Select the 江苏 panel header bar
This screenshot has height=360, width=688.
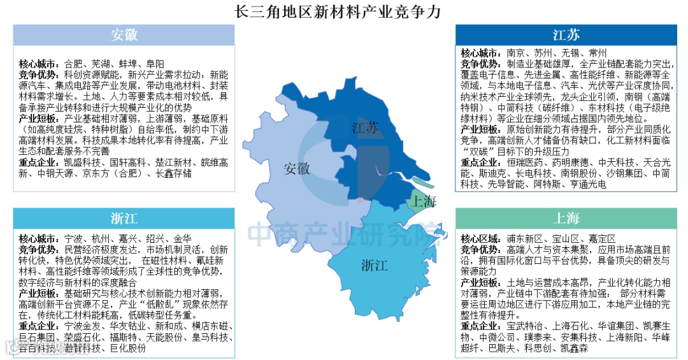click(566, 34)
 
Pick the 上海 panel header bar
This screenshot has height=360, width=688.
click(566, 219)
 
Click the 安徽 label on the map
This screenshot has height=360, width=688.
click(297, 169)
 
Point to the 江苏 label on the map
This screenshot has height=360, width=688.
click(365, 128)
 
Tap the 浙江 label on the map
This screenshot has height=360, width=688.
click(375, 264)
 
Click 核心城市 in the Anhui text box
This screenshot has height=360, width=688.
click(40, 64)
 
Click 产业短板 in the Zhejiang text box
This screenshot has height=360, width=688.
click(40, 292)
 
